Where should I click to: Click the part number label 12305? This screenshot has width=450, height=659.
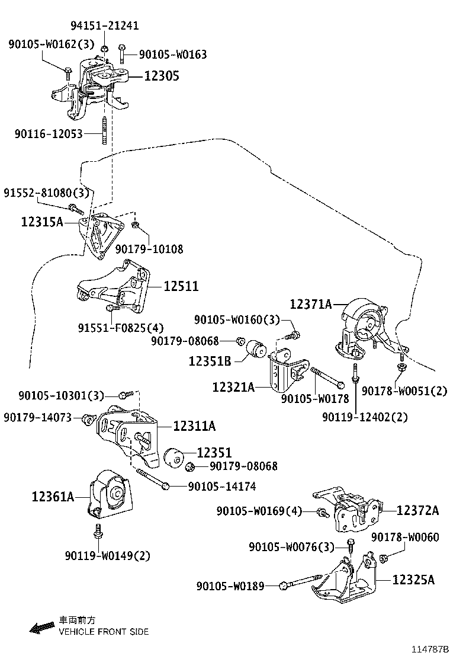[x=159, y=76]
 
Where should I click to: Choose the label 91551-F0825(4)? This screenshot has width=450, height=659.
[x=121, y=327]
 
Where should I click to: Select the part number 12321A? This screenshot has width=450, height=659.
[x=234, y=387]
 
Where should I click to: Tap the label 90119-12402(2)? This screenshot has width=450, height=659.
[x=365, y=417]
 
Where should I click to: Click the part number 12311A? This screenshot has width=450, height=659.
[x=194, y=426]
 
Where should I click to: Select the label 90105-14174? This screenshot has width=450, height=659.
[x=222, y=487]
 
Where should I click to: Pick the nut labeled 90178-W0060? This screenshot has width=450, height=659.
[x=383, y=558]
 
